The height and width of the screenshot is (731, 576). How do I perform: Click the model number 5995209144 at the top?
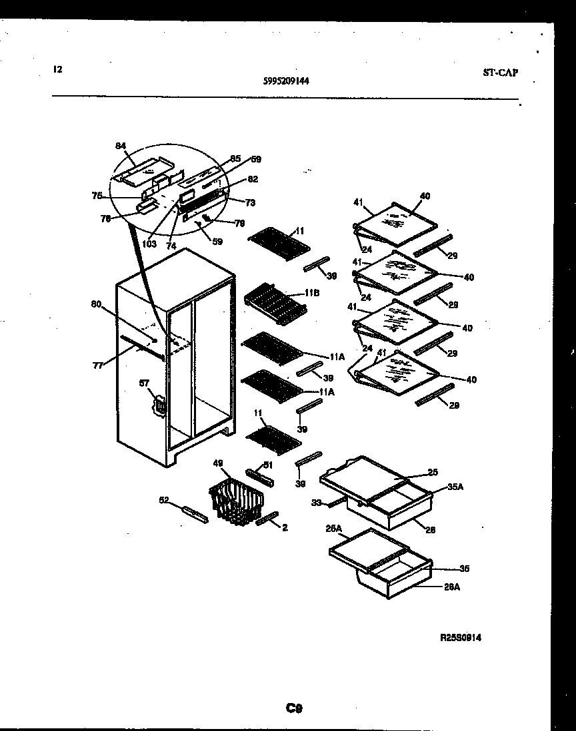coord(285,81)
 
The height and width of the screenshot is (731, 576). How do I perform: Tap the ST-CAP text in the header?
coord(499,73)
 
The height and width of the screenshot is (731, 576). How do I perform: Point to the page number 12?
coord(57,69)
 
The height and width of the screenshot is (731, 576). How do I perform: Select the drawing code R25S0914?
coord(461,637)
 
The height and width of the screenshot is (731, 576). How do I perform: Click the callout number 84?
coord(120,146)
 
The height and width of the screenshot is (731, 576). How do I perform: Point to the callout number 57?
coord(143,383)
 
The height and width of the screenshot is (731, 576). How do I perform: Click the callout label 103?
coord(149,244)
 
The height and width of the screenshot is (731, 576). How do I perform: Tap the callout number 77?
coord(98,365)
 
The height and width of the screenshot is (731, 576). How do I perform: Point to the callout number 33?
coord(316,503)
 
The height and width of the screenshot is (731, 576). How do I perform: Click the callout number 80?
coord(97,306)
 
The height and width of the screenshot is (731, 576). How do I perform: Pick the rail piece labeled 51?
coord(257,477)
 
